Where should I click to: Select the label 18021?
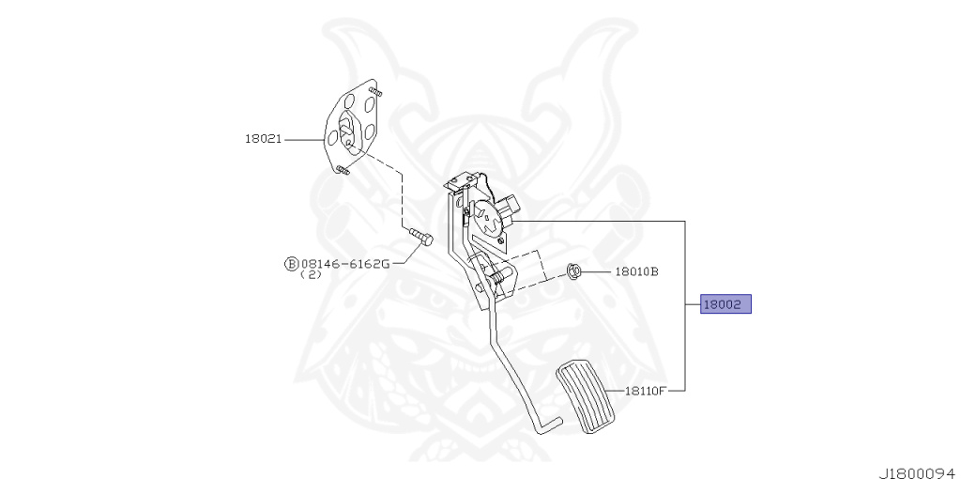(264, 139)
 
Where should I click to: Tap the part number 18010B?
(636, 272)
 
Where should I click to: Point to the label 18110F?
(646, 390)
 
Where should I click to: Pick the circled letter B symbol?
(291, 263)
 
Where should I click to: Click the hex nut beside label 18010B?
(575, 272)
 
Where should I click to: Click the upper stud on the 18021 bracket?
(375, 92)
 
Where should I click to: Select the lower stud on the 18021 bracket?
(341, 170)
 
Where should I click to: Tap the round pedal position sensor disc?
(488, 218)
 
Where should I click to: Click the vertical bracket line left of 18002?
(685, 304)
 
